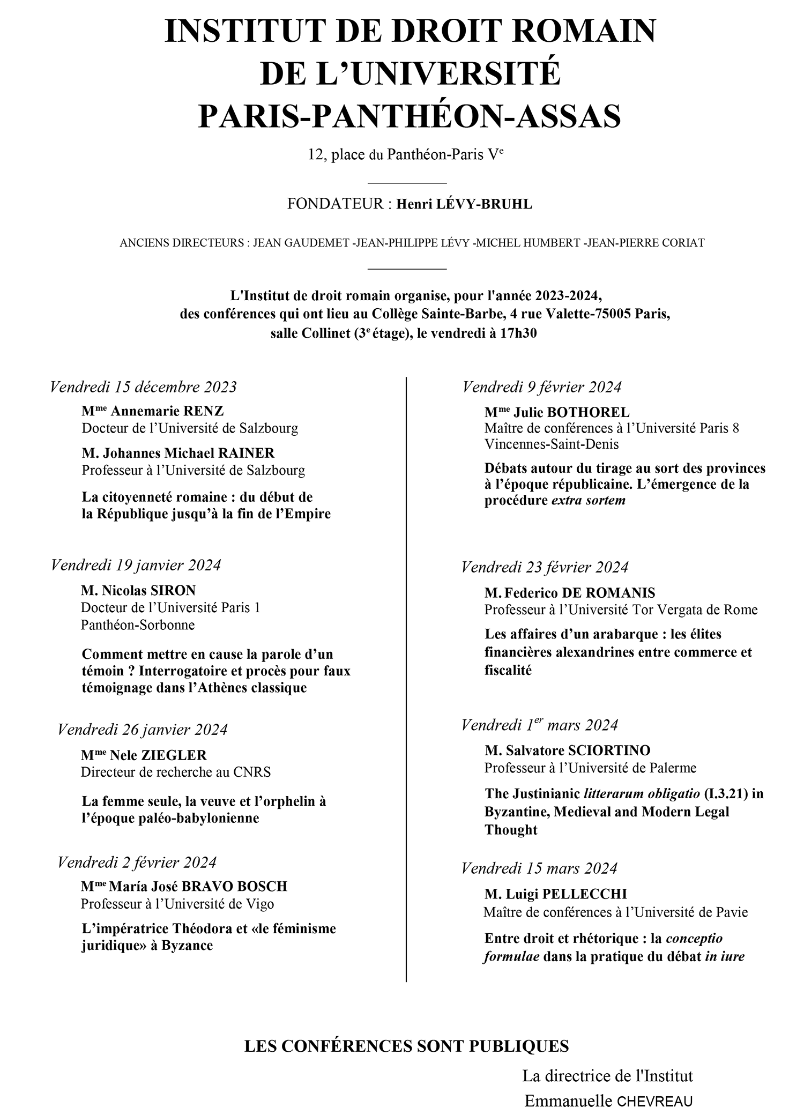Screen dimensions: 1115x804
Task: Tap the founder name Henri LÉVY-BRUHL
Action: [464, 204]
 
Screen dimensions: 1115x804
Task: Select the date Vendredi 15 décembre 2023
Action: [143, 386]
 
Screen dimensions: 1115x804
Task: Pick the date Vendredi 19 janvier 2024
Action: [136, 565]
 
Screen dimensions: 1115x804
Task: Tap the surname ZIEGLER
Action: [174, 755]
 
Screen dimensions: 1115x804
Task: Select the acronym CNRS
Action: [252, 772]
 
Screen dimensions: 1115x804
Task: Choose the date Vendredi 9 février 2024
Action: [542, 386]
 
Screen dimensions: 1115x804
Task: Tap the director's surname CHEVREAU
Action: [654, 1102]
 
